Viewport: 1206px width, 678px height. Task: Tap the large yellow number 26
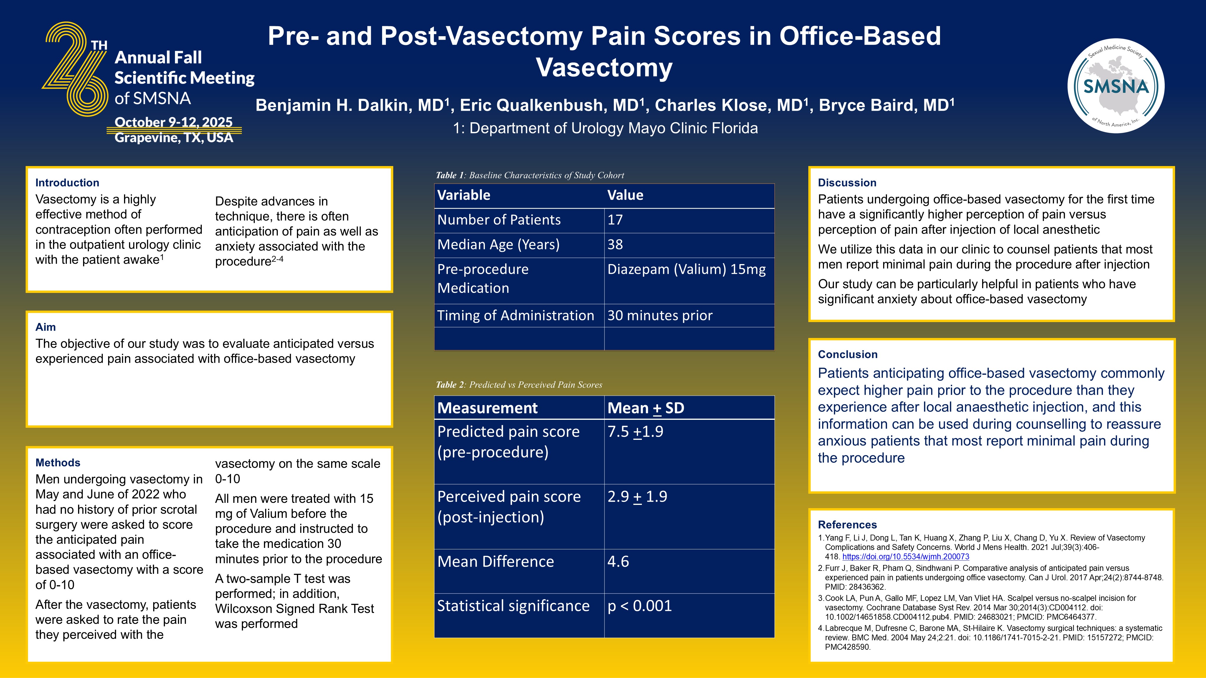click(75, 69)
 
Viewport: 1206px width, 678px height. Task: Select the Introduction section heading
click(67, 183)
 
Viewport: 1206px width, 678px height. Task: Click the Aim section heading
click(45, 327)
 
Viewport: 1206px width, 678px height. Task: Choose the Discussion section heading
click(847, 183)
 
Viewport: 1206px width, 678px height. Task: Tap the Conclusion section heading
click(847, 354)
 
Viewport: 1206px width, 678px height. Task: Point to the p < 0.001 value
click(640, 606)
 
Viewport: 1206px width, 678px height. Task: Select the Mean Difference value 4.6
click(618, 561)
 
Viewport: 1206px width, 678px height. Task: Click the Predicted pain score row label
click(508, 442)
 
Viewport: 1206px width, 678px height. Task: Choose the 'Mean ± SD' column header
click(646, 408)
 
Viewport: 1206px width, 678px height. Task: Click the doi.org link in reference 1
click(906, 557)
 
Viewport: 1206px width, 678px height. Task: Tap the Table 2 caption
click(519, 384)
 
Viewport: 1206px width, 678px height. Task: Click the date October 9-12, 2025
click(173, 122)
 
